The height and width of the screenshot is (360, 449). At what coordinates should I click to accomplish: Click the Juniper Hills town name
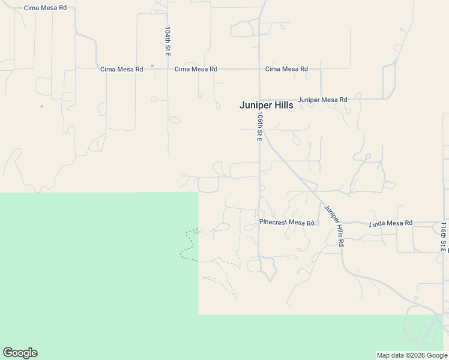pos(266,105)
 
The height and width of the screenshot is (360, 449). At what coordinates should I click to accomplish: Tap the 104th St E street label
pos(168,41)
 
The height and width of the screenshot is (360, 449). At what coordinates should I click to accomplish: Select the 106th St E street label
pos(260,125)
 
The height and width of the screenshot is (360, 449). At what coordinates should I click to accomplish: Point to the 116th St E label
pos(444,236)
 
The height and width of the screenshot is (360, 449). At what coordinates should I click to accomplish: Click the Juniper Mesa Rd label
pos(322,100)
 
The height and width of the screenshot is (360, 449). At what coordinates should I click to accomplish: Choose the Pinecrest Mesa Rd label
pos(287,223)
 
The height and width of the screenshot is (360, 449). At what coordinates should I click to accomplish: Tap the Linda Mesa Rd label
pos(391,223)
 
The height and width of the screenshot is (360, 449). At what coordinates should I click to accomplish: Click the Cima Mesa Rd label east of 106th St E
pos(286,69)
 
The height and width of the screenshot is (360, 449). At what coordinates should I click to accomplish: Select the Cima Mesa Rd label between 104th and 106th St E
pos(196,69)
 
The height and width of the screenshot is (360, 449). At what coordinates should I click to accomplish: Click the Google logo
pos(20,353)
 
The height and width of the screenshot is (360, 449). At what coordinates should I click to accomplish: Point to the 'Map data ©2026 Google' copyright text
pos(411,355)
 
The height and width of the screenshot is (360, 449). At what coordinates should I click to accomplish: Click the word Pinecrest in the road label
pos(273,223)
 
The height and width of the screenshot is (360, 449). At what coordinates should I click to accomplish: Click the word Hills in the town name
pos(282,105)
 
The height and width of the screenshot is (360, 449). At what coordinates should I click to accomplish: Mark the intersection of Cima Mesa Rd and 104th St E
pos(168,69)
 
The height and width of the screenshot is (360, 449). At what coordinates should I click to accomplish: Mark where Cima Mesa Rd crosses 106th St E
pos(259,69)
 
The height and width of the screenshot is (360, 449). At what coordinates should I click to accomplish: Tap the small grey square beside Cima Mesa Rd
pos(152,65)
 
